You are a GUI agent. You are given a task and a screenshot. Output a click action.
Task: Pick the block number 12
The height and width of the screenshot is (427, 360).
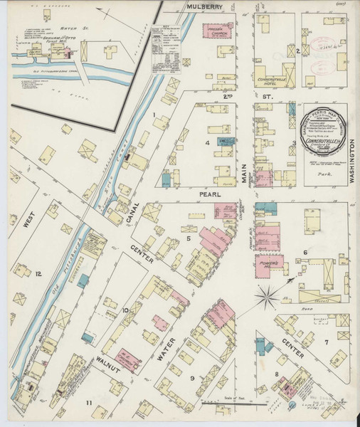click(x=39, y=273)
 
